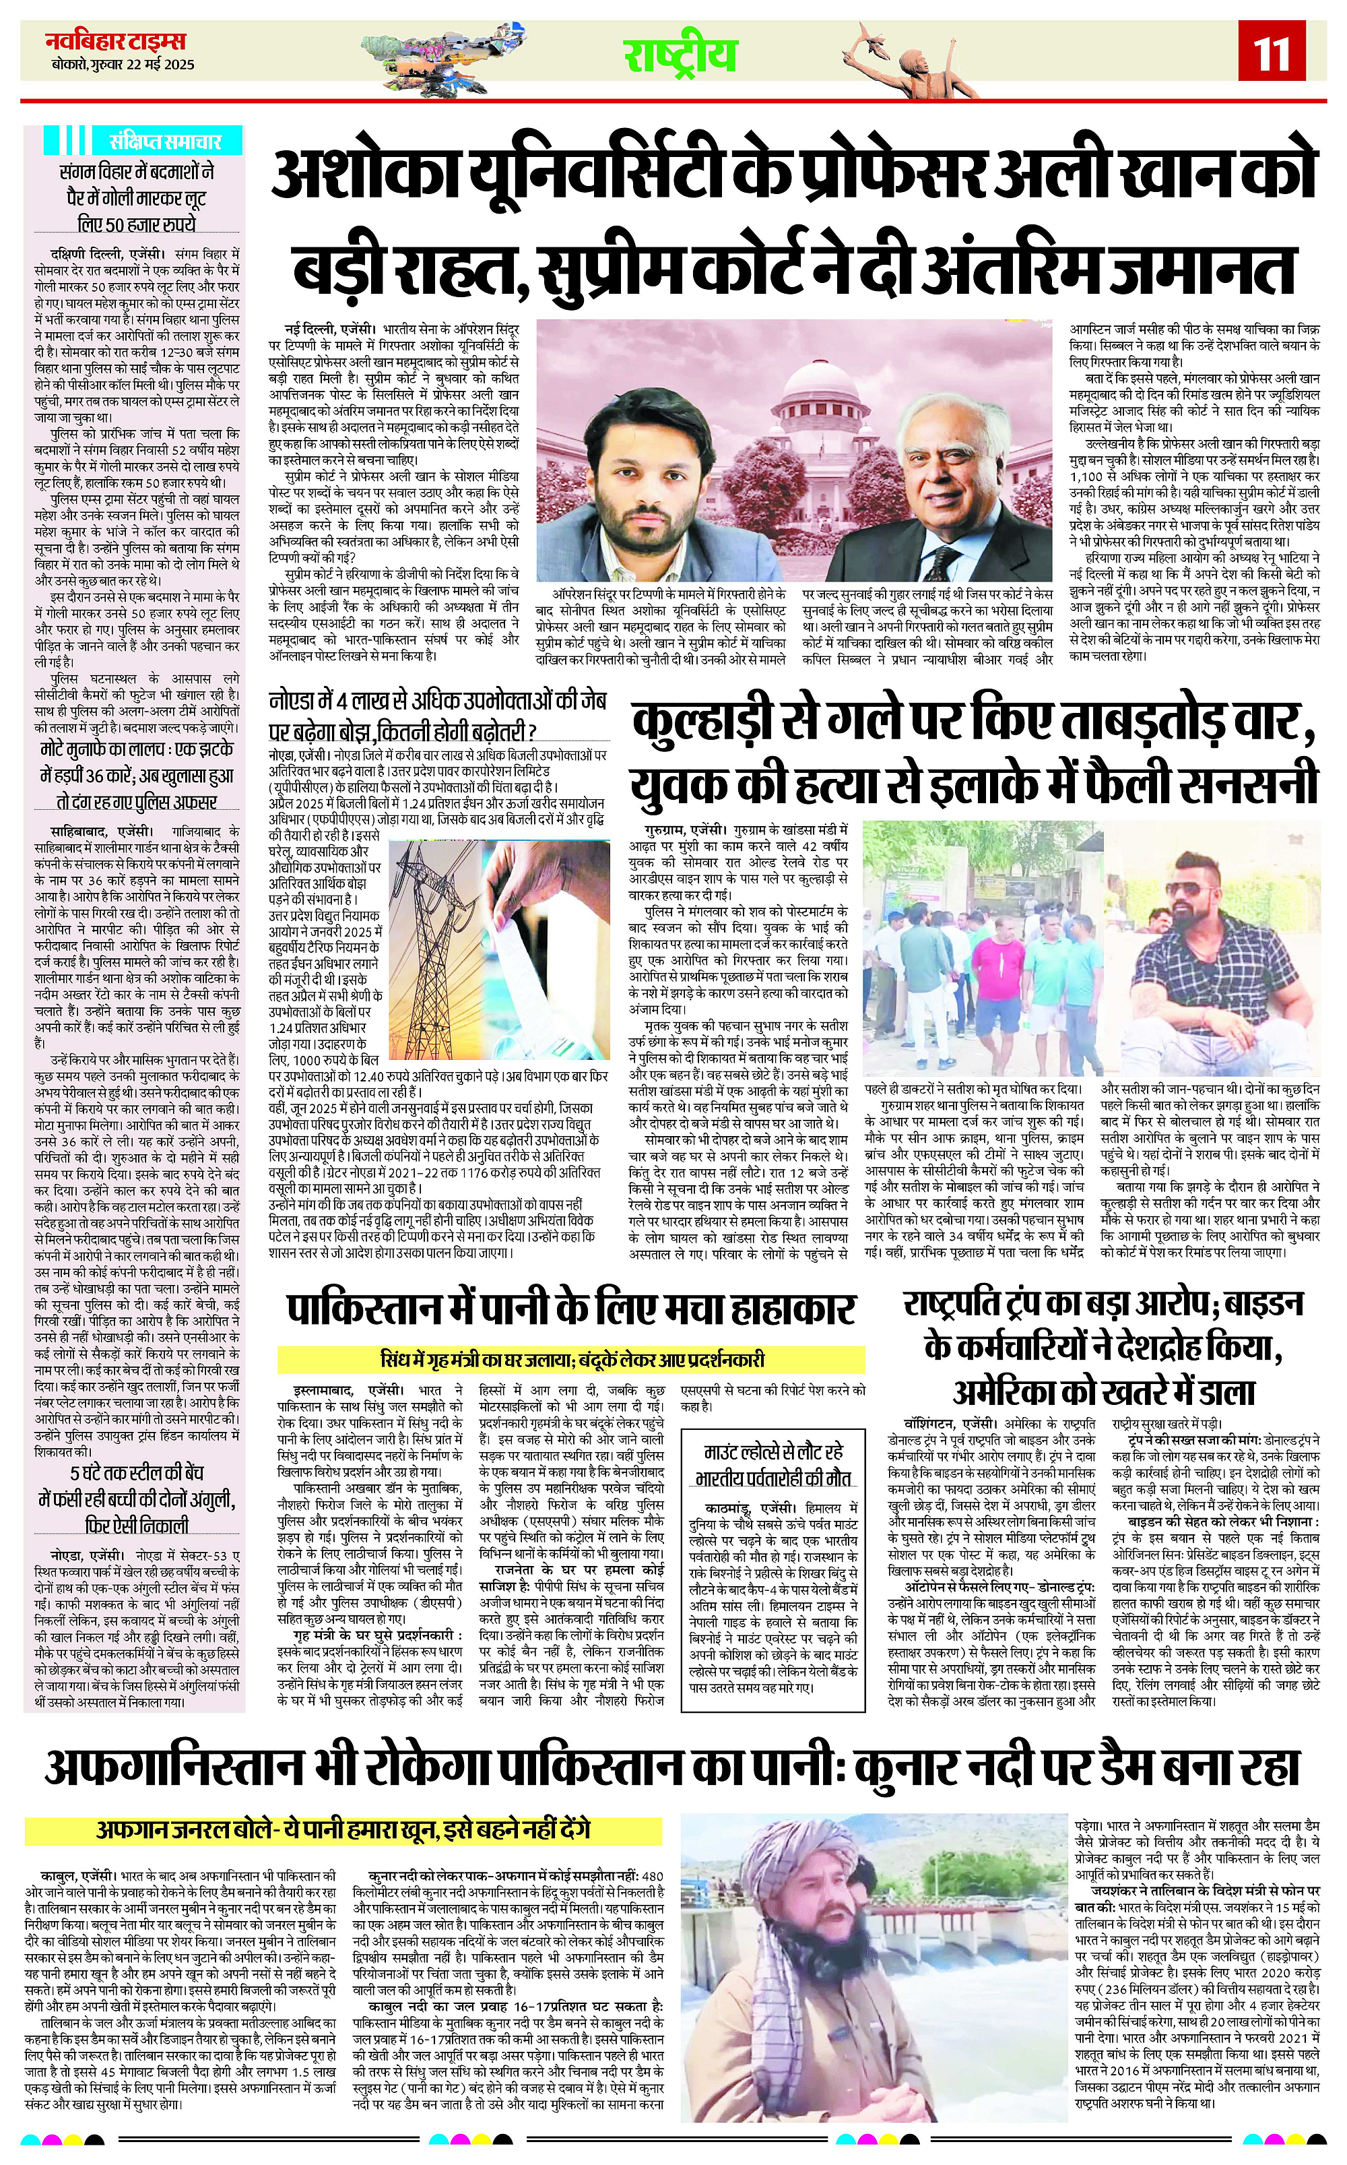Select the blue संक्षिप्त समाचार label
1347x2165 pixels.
coord(165,141)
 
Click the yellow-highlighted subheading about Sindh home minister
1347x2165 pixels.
coord(571,1360)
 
